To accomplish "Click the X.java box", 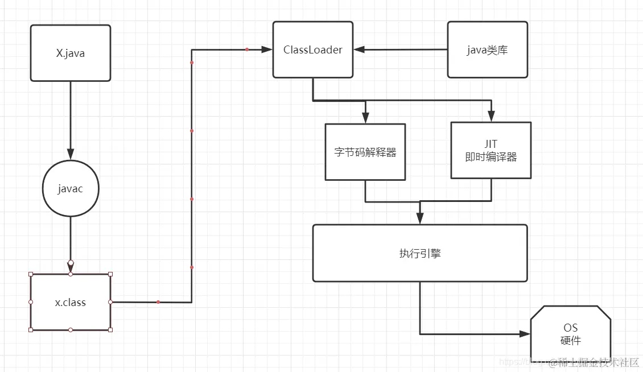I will (x=70, y=53).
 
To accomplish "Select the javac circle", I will (x=70, y=188).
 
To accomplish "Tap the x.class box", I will (x=70, y=302).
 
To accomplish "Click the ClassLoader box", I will (x=312, y=49).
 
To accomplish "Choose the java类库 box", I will (x=487, y=49).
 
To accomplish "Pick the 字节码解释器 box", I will (x=365, y=152).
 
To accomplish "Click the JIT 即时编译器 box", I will (x=491, y=151).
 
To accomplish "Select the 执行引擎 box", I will (x=420, y=253).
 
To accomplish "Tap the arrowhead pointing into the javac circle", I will (x=70, y=154).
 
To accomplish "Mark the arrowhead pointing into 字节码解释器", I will (x=365, y=118).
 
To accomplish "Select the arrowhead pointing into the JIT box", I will (x=491, y=117).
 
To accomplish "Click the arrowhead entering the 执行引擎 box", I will (x=420, y=219).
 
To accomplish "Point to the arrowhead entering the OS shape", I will (x=525, y=334).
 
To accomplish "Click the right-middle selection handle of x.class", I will (x=110, y=302).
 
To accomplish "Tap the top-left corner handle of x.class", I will (x=31, y=274).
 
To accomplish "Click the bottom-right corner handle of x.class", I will (x=110, y=330).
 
